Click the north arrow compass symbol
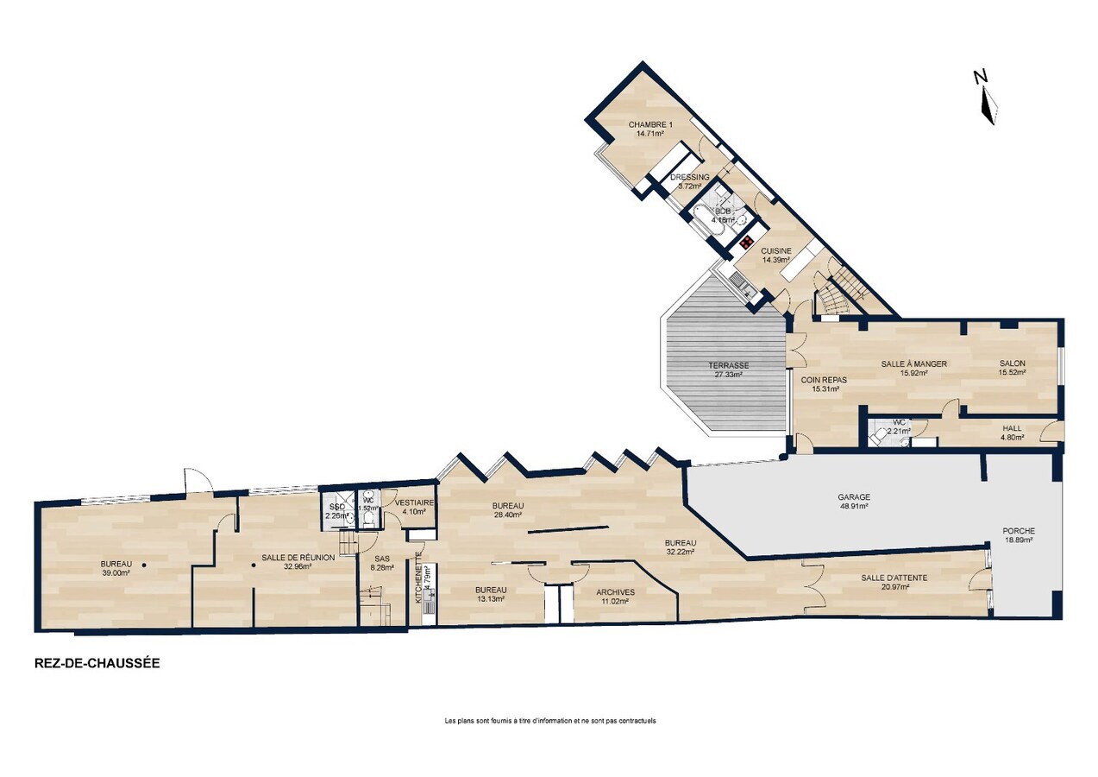987,98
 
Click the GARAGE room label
853,497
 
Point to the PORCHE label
1018,531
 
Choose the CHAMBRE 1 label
649,124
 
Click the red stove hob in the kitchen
746,241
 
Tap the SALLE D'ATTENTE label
894,578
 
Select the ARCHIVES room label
616,592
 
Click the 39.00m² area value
116,572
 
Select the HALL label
1012,427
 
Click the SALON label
1012,363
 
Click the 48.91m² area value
853,507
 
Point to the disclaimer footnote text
549,720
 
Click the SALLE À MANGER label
913,363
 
